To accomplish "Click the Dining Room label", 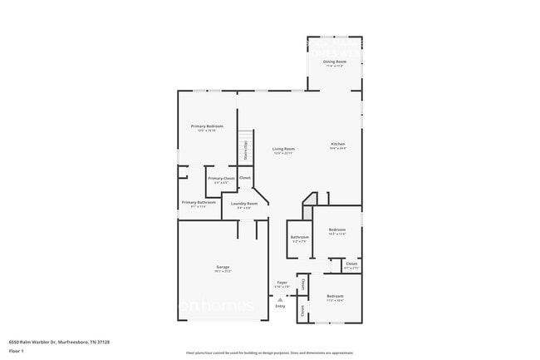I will point(336,63).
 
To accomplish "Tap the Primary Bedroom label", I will point(208,126).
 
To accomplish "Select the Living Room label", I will point(283,149).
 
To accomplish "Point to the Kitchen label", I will point(337,145).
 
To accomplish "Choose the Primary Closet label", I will point(221,178).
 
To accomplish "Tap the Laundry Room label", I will point(244,204).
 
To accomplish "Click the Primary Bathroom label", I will point(199,203).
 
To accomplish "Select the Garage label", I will point(223,267).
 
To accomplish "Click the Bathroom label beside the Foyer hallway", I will point(299,238).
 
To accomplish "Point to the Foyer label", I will point(282,284).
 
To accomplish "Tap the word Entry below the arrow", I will point(280,306).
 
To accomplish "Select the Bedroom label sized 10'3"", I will point(336,229).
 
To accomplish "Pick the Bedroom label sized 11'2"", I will point(335,297).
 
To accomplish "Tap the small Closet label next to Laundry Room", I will point(245,177).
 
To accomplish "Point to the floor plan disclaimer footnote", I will point(269,353).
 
